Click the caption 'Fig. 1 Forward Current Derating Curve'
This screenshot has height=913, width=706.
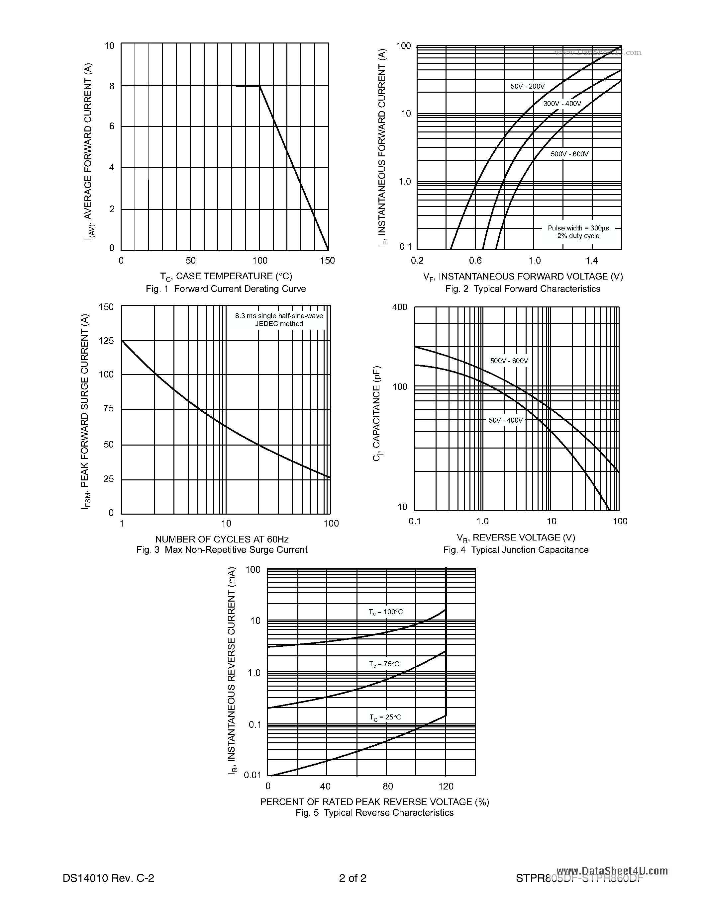point(226,289)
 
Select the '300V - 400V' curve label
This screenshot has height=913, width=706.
point(562,104)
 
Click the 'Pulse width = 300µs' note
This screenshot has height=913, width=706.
point(578,228)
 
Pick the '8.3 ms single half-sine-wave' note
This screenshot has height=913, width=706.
point(279,316)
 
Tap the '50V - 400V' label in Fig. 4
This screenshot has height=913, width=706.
point(506,420)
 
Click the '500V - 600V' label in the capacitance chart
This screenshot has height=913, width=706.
point(509,361)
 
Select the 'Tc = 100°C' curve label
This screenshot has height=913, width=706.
point(386,612)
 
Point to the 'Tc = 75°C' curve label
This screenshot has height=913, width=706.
point(384,664)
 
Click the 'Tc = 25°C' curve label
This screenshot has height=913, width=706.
point(385,717)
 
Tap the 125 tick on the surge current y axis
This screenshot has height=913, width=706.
point(106,341)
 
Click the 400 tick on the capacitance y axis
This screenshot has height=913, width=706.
point(399,307)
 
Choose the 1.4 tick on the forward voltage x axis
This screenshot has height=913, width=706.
point(591,261)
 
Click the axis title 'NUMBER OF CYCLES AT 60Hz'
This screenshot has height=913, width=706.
point(222,539)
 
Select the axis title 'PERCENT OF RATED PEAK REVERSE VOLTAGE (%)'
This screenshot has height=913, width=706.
point(374,802)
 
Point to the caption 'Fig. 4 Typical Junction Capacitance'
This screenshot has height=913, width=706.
point(516,550)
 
